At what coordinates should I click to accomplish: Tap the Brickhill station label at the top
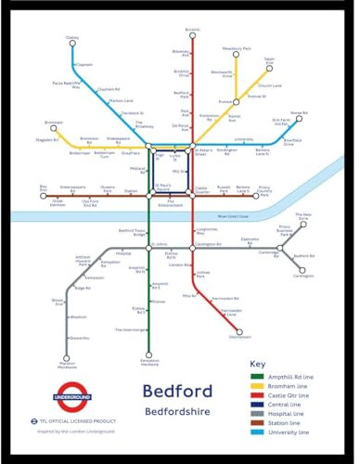[192, 31]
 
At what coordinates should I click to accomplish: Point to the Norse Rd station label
[299, 113]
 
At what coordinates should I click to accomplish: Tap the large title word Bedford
[178, 391]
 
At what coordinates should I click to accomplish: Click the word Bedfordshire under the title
[178, 411]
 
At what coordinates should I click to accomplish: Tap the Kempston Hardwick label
[150, 362]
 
